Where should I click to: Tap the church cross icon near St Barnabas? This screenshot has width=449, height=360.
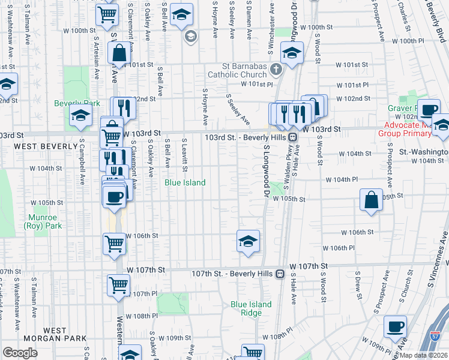(276, 70)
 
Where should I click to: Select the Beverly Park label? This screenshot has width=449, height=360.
(77, 103)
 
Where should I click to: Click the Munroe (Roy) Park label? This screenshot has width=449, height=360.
(43, 221)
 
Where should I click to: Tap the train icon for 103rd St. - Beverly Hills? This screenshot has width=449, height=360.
(293, 137)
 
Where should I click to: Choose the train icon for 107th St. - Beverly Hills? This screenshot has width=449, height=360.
(280, 274)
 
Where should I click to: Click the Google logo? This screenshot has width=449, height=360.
(20, 353)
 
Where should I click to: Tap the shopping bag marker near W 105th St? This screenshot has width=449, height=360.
(372, 200)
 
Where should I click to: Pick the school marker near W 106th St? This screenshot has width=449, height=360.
(248, 241)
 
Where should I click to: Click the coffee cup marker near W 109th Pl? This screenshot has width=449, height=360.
(395, 327)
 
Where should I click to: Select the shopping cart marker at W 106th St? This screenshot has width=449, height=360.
(114, 244)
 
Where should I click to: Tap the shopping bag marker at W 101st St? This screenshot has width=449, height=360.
(119, 53)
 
